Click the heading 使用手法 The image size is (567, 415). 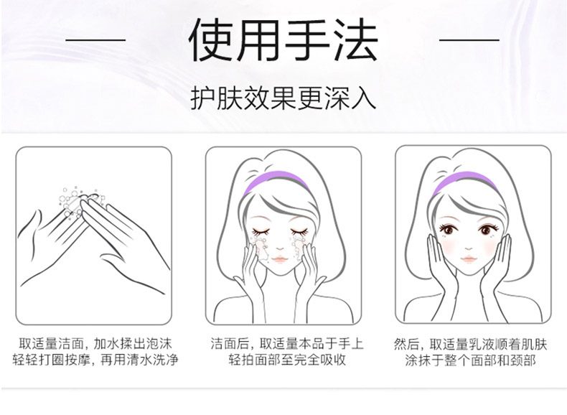283,39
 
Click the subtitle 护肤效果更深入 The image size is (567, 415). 283,98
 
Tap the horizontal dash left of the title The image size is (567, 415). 95,39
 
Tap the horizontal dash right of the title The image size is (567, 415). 469,39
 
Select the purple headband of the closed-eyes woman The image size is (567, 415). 276,182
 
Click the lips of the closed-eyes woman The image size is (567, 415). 279,259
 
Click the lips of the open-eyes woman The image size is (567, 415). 469,259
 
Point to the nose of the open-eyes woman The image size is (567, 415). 469,248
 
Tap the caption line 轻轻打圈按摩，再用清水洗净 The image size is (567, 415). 95,360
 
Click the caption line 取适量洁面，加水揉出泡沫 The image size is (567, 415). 95,344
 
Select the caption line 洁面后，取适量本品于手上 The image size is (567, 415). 287,344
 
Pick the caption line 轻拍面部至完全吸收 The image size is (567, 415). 287,360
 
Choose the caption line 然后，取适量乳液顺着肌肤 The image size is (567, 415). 470,344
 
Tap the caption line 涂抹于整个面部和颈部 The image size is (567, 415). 470,360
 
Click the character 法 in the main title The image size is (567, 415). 355,39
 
